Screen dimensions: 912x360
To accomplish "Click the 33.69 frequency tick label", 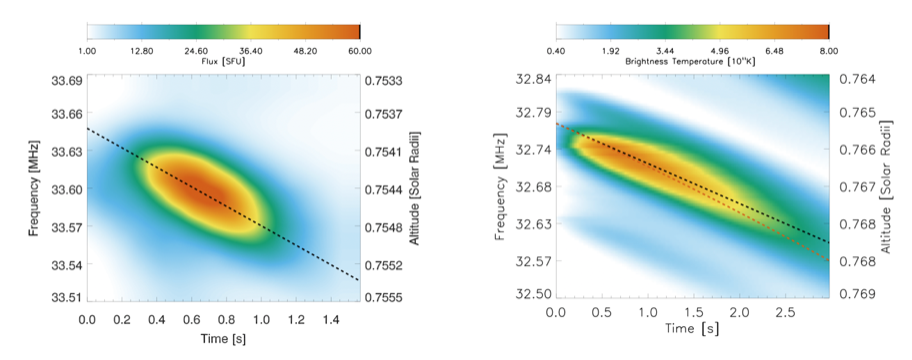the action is [x=67, y=80].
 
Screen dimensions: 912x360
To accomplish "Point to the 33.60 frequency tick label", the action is [x=67, y=188].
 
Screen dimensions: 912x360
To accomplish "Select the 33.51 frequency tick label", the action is [x=67, y=297].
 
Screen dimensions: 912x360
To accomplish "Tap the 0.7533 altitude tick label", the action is [x=382, y=80].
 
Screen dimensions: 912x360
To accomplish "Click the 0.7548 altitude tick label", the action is [x=382, y=226].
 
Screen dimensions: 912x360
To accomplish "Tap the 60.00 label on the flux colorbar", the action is [x=360, y=51].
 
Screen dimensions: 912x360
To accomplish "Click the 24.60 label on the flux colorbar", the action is [x=196, y=51].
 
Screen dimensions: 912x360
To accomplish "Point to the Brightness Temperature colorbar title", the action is [x=690, y=61].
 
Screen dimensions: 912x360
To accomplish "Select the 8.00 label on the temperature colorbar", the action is [x=829, y=51].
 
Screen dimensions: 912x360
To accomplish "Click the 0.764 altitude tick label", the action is [x=855, y=80].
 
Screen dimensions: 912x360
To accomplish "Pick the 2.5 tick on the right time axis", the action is [x=784, y=313].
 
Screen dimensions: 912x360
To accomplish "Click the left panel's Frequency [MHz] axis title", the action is [x=34, y=189].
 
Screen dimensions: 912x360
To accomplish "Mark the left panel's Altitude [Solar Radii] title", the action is [x=415, y=188].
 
